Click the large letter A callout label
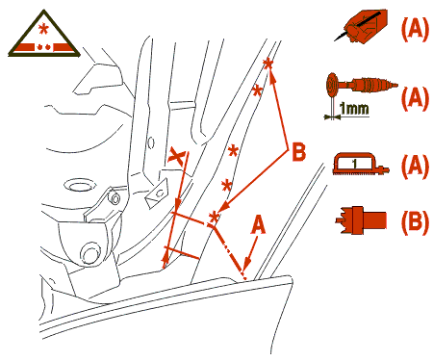[x=258, y=224]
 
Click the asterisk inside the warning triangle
[x=43, y=29]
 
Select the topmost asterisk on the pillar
[x=267, y=64]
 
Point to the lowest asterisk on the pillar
[x=214, y=218]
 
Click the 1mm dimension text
[x=354, y=109]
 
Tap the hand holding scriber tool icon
[x=362, y=26]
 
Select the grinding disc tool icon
[x=361, y=85]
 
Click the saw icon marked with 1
[x=361, y=165]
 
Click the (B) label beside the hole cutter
[x=415, y=220]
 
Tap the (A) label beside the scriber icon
[x=415, y=29]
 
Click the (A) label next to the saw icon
[x=415, y=166]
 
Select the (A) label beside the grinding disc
[x=415, y=97]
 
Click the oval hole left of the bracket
[x=80, y=186]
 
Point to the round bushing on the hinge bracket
[x=89, y=254]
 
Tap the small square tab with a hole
[x=157, y=193]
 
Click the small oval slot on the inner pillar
[x=151, y=142]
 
